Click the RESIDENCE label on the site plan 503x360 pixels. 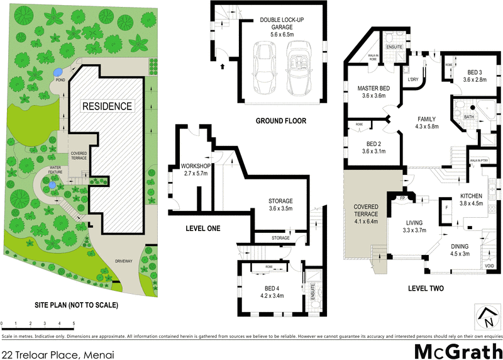[x=108, y=106]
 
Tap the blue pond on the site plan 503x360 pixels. [x=58, y=72]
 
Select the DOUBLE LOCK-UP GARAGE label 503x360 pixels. [x=283, y=24]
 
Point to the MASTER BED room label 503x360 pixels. [x=371, y=92]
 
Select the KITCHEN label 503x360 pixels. [x=471, y=200]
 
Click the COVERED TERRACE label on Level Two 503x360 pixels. [x=365, y=214]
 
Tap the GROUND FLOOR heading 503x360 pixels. [x=280, y=120]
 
